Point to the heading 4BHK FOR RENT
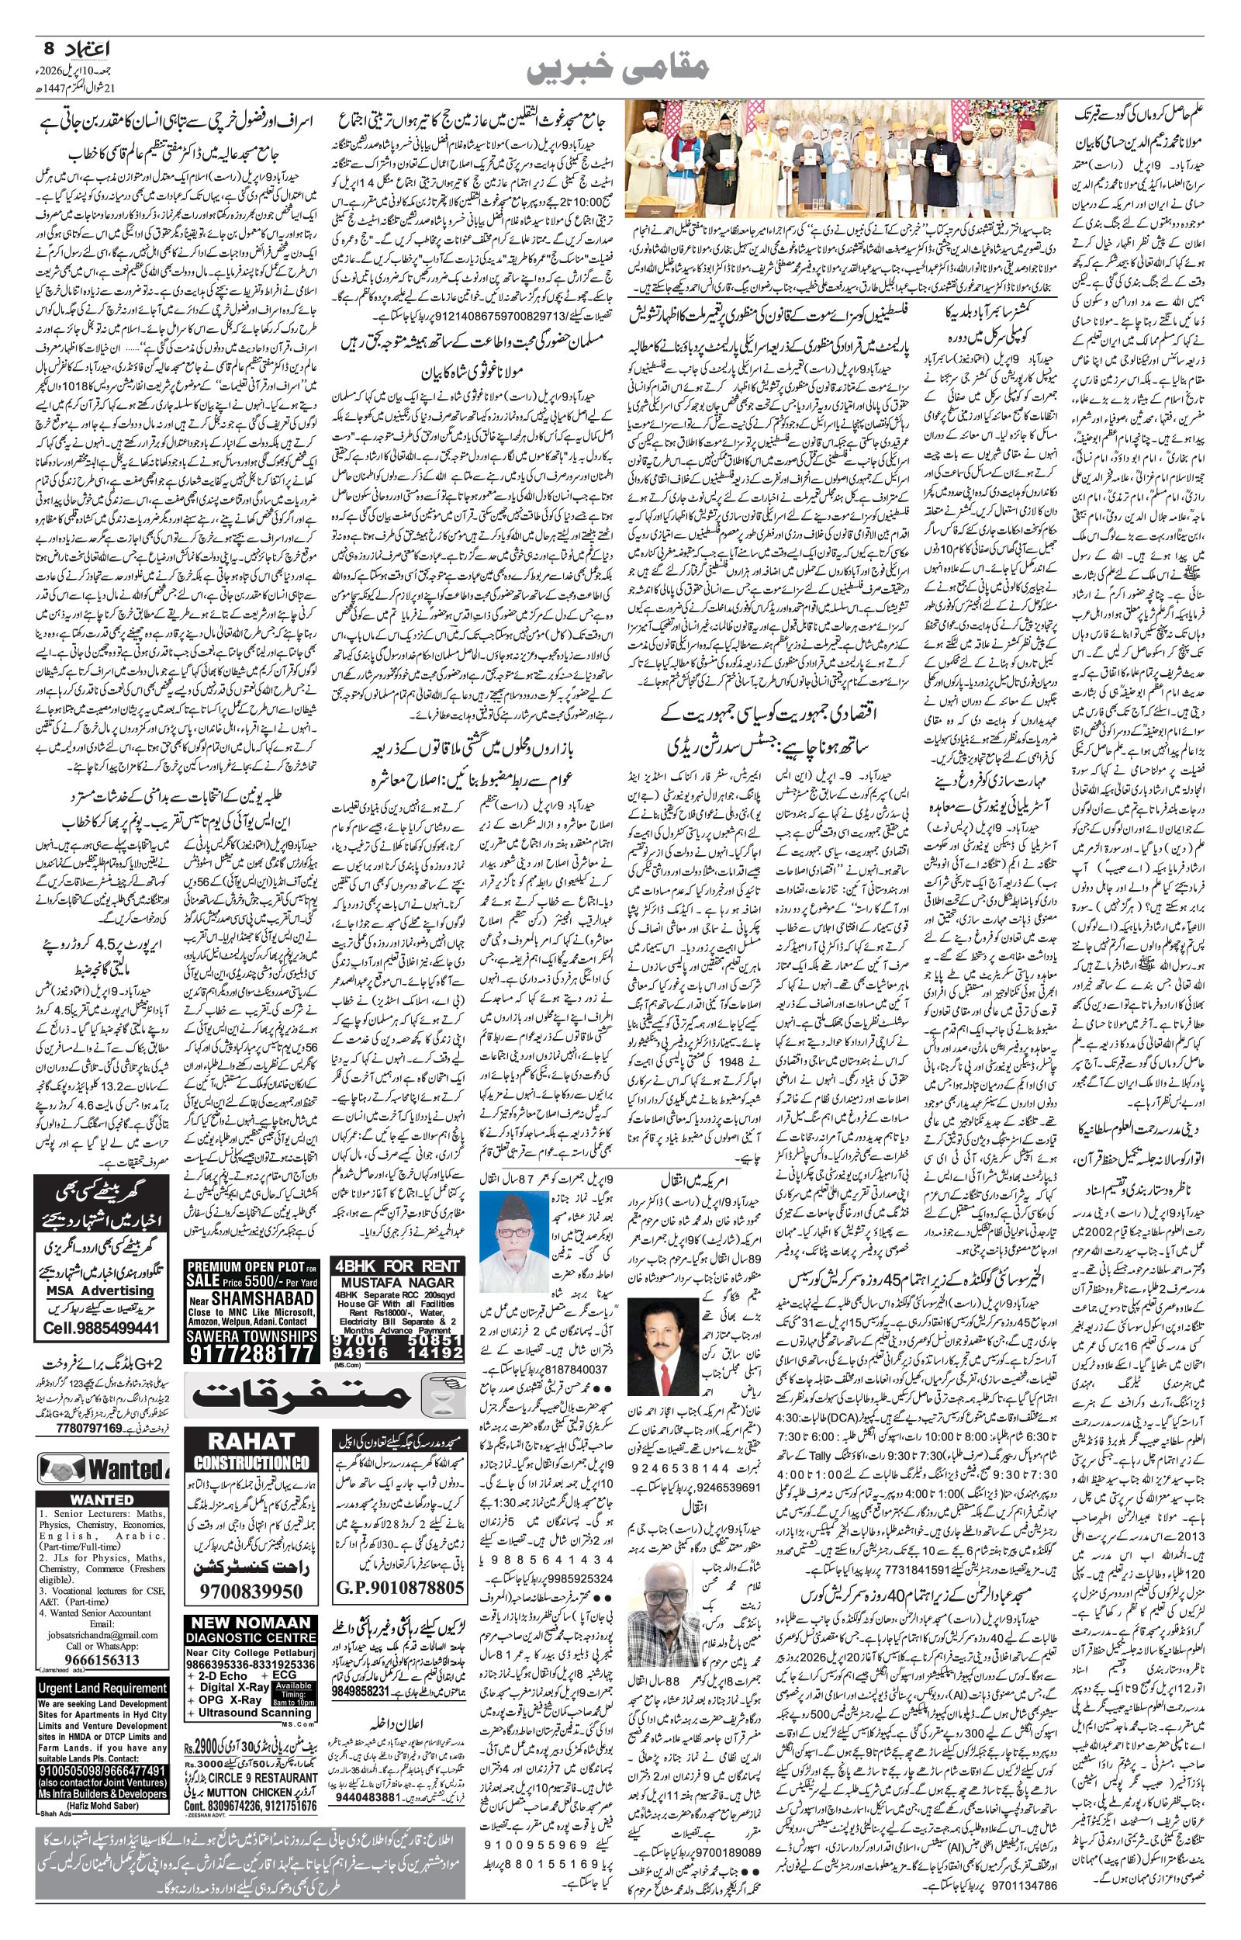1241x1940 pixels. (x=398, y=1266)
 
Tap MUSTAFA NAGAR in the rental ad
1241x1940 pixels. (x=398, y=1281)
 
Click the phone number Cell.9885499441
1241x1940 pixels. (x=102, y=1328)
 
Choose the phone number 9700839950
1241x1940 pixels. (x=251, y=1569)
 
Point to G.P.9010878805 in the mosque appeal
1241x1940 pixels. (x=399, y=1566)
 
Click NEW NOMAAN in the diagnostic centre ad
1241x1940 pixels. (x=251, y=1600)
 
